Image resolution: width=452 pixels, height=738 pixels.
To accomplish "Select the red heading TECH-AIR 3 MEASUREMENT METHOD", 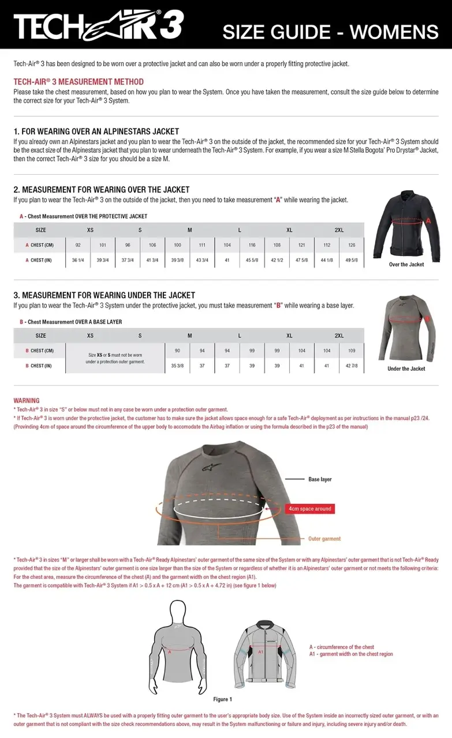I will coord(79,82).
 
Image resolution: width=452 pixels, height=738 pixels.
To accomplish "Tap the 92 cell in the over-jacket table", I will coord(78,245).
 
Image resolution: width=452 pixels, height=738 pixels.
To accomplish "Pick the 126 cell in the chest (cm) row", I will coord(352,245).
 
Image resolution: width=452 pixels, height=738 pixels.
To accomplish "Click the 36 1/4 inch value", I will coord(78,260).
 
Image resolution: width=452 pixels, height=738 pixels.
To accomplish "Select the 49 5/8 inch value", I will coord(352,260).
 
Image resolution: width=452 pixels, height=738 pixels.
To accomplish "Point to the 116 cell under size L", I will coord(252,245).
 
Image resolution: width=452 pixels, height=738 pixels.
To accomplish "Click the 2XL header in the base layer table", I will coord(339,336).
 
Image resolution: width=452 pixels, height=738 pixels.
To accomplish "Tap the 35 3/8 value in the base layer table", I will coord(177,366).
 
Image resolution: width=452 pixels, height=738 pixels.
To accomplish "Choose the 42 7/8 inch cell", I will coord(352,366).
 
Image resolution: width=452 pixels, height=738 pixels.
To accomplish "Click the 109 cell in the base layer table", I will coord(352,351).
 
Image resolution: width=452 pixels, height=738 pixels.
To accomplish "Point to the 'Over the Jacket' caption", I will coord(406,265).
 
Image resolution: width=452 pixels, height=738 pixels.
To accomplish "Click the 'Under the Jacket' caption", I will coord(406,369).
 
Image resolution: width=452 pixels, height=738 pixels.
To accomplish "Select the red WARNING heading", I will coord(27,401).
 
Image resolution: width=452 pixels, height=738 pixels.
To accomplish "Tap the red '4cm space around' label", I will coord(310,509).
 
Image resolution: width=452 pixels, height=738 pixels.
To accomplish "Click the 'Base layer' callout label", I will coord(320,479).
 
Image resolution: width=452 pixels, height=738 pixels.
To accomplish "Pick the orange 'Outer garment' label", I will coord(324,539).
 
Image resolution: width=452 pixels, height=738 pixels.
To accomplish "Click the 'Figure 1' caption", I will coord(223,699).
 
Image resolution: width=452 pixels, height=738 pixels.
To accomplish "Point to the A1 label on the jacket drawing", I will coord(260,652).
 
